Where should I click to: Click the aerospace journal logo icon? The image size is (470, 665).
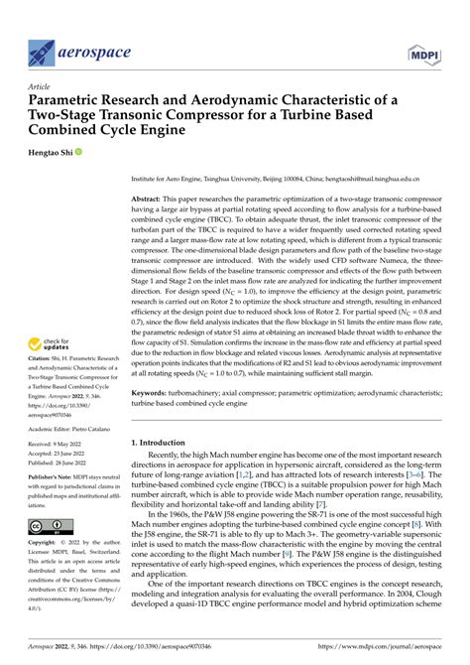tap(42, 52)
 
